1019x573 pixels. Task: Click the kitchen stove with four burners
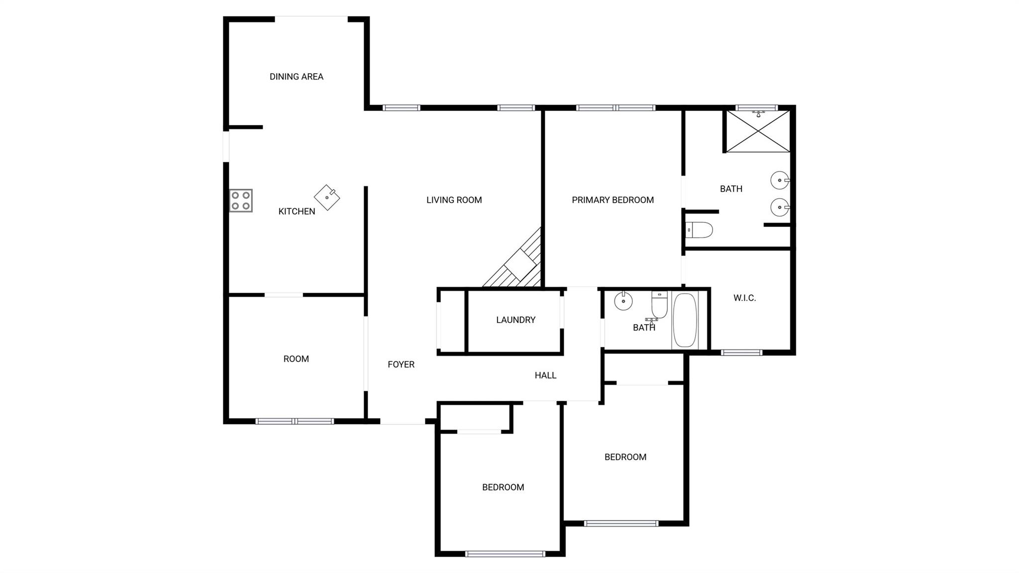pos(241,201)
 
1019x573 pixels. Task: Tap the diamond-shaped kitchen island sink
pos(327,198)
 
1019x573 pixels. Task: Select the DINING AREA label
pos(297,77)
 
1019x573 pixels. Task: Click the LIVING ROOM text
pos(454,200)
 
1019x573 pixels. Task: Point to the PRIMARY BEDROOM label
pos(612,200)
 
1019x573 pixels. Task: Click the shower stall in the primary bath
pos(758,131)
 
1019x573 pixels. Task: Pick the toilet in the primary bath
pos(699,230)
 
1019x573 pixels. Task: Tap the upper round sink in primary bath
pos(779,180)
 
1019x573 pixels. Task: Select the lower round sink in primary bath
pos(779,207)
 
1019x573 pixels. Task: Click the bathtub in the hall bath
pos(685,320)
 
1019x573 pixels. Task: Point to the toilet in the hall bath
pos(659,305)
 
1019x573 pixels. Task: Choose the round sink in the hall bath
pos(623,301)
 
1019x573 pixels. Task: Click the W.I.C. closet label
pos(744,298)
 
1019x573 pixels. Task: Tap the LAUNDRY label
pos(515,320)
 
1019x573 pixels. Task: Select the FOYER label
pos(401,364)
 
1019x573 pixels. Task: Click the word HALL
pos(545,375)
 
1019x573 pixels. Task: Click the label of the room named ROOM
pos(296,359)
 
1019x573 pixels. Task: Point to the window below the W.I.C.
pos(741,353)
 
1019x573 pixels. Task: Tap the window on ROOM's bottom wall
pos(295,421)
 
